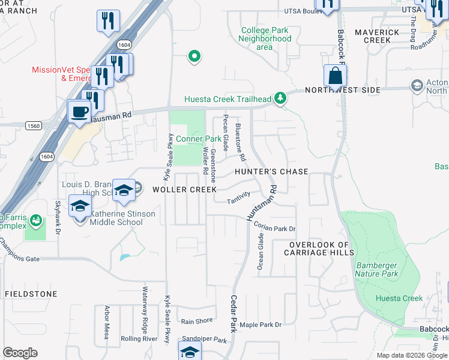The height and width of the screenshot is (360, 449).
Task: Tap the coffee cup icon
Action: coord(79,110)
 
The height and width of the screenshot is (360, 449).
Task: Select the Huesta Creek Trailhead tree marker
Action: coord(279,98)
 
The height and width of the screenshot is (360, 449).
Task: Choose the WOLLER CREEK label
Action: coord(184,190)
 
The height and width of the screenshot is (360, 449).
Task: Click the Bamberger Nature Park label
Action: coord(394,269)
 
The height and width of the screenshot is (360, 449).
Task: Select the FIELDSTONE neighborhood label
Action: coord(31,294)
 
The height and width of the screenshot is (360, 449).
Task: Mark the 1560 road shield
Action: coord(34,125)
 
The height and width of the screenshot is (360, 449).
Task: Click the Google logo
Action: coord(20,353)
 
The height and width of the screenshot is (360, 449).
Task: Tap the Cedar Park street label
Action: coord(233,313)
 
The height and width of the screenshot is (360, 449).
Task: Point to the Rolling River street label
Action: coord(139,339)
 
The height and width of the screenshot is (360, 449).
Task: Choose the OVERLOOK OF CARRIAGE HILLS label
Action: coord(319,249)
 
